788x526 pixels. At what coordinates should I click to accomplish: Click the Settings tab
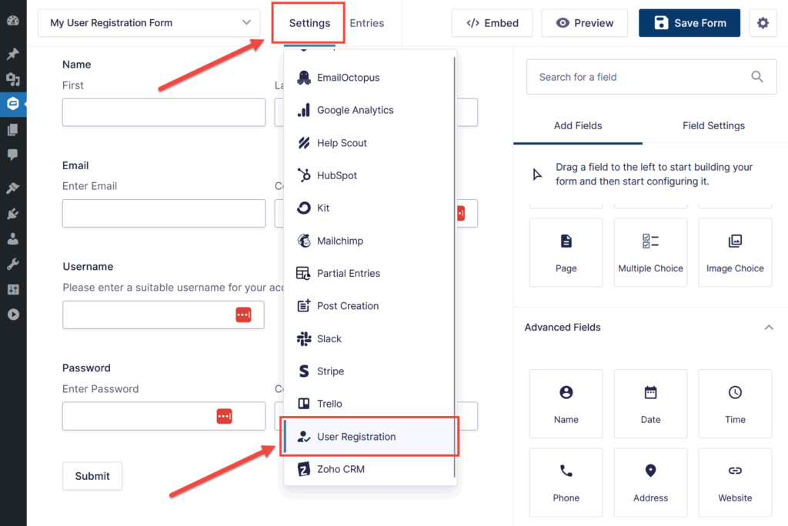tap(309, 23)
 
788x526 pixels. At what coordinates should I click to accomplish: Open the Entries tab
tap(367, 23)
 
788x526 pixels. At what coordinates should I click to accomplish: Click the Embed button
tap(492, 23)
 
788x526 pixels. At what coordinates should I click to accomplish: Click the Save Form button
tap(689, 23)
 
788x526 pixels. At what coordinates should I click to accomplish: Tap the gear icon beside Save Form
tap(763, 23)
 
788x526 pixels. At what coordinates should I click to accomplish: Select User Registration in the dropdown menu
tap(356, 437)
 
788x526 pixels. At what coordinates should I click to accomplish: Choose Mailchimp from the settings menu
tap(339, 241)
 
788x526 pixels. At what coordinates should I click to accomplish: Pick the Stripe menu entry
tap(330, 371)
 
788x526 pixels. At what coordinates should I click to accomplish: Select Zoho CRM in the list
tap(340, 469)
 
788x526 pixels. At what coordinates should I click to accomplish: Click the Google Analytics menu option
tap(355, 110)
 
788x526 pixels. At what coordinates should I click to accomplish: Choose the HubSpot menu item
tap(337, 175)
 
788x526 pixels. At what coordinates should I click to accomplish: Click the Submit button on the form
tap(92, 476)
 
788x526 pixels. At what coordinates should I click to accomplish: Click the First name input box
tap(163, 112)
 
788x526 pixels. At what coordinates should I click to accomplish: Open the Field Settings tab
tap(713, 125)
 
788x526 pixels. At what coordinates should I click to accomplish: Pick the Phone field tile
tap(566, 482)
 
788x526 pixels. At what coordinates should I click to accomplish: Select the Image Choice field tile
tap(735, 252)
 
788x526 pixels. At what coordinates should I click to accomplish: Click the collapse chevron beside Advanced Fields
tap(768, 328)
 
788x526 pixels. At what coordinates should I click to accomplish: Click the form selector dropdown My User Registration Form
tap(149, 23)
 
